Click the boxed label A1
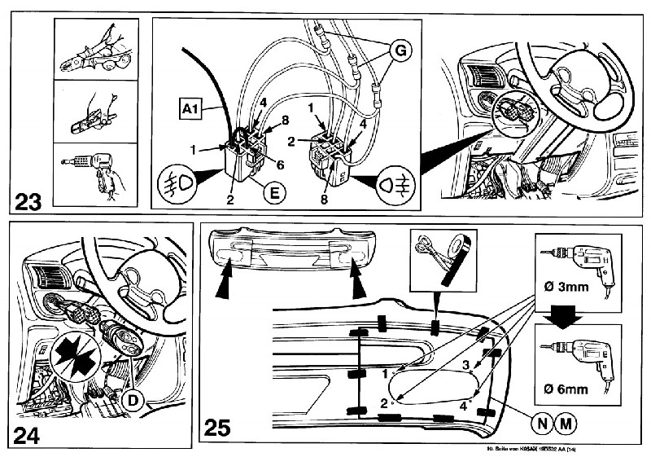pyautogui.click(x=190, y=106)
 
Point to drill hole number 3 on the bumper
pyautogui.click(x=465, y=364)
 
